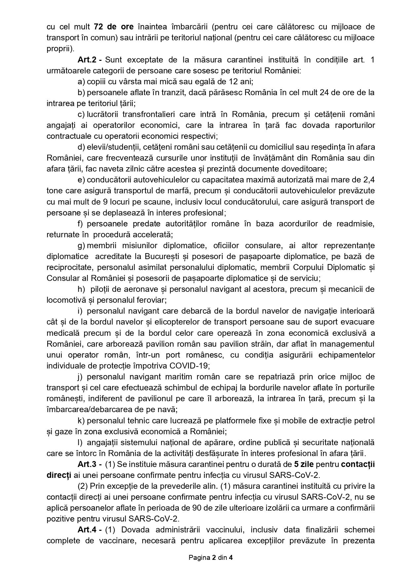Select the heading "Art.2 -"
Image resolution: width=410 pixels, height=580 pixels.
90,60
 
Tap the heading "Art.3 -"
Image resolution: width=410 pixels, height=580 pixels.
90,464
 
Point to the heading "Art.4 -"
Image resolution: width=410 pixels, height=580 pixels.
90,530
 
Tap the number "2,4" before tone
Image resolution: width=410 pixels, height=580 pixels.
369,180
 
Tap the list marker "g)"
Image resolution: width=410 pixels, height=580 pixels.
81,246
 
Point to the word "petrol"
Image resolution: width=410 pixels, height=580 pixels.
365,421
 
